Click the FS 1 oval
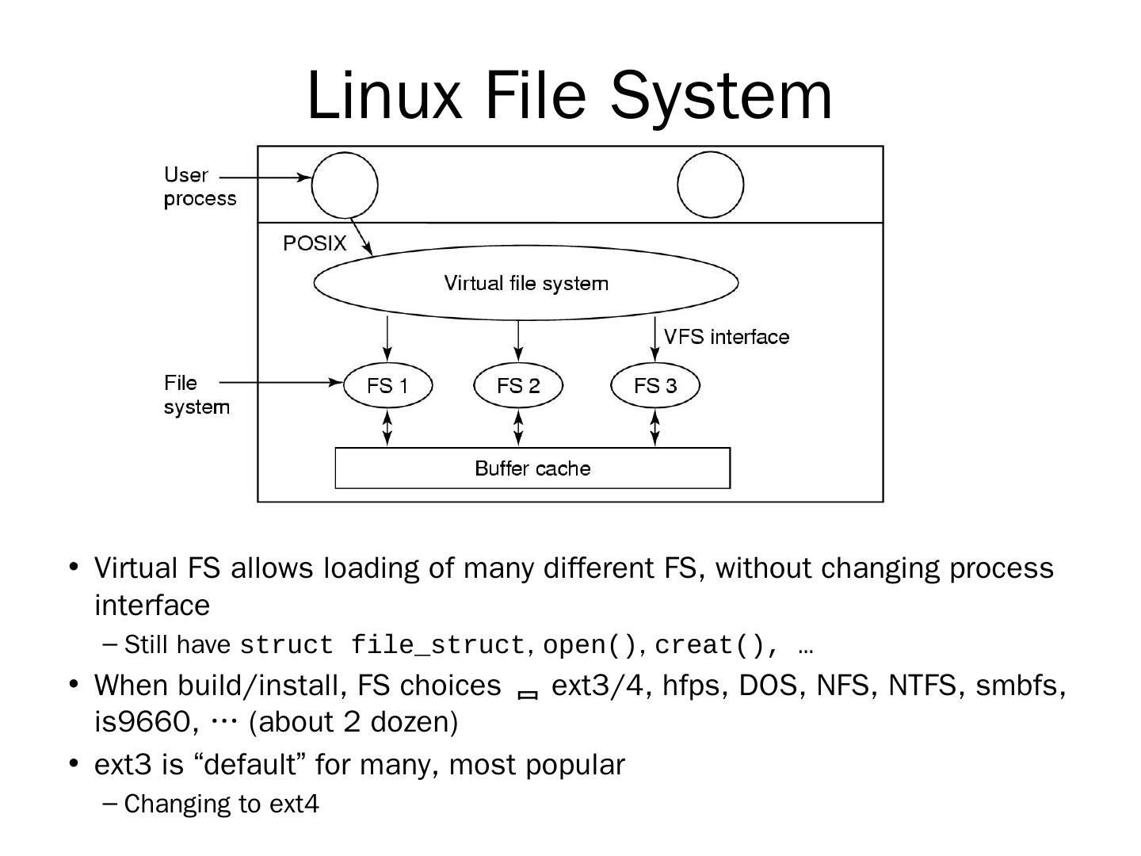387,385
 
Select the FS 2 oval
518,385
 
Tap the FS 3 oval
655,385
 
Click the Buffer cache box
532,468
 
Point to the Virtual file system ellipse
526,283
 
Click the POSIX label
315,243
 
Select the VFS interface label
727,337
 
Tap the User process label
199,186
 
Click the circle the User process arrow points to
345,185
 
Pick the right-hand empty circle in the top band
711,185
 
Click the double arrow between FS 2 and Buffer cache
518,428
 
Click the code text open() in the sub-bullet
590,645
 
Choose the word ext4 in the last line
294,804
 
